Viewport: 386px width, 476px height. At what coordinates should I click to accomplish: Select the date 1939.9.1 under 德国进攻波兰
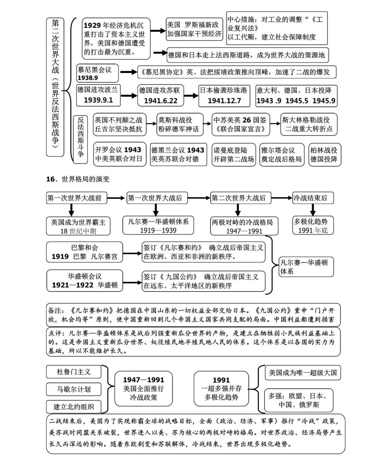[98, 100]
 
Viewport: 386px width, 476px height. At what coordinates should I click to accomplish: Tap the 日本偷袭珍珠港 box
[224, 95]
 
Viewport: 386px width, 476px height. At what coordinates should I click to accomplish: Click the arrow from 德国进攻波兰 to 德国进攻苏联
[129, 95]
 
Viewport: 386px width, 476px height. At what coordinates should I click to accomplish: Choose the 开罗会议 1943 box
[118, 154]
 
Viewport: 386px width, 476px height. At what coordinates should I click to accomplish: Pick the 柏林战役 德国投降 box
[324, 154]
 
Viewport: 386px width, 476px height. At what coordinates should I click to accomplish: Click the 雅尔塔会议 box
[282, 154]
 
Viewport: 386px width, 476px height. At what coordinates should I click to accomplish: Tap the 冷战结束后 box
[312, 198]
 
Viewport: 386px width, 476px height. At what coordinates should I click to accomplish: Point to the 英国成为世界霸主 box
[78, 226]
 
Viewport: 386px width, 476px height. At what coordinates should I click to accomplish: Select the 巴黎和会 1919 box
[84, 252]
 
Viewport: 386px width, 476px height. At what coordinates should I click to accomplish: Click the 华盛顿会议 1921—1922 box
[85, 280]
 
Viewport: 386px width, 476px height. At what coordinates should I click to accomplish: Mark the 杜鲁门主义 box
[74, 372]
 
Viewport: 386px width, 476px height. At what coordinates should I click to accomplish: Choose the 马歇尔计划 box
[74, 389]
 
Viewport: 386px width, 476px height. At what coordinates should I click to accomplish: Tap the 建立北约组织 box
[74, 406]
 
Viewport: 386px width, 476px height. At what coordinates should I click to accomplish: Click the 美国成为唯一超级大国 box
[303, 373]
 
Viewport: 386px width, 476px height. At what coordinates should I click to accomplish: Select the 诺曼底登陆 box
[233, 154]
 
